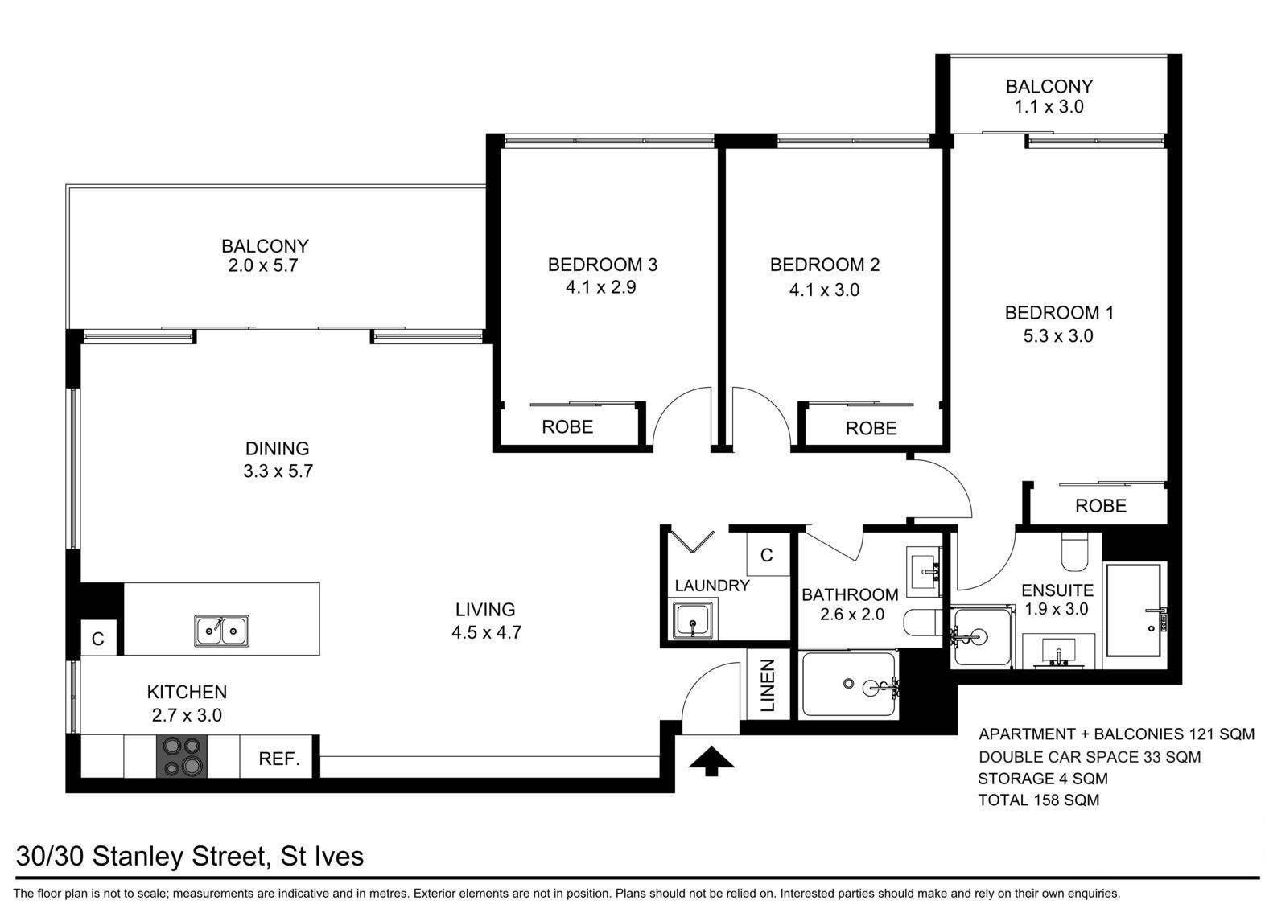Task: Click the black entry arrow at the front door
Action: pos(711,760)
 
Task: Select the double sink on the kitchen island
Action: pos(221,631)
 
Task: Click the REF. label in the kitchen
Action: pos(279,759)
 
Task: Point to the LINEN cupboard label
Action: pos(768,685)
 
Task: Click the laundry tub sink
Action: pos(692,620)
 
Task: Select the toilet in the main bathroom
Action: pos(922,623)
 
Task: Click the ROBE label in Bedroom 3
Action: pos(567,427)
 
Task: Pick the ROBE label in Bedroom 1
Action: pos(1101,506)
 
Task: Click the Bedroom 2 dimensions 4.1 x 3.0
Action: pos(824,290)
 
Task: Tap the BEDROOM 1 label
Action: pos(1059,313)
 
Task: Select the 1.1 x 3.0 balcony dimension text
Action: pos(1049,107)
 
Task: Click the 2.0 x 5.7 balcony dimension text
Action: pos(262,265)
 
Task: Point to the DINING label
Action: pos(278,448)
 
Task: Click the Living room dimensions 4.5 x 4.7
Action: pos(486,631)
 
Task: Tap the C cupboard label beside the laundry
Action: pos(766,555)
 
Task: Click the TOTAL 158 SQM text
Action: pos(1039,800)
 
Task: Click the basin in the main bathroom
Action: pos(924,571)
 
